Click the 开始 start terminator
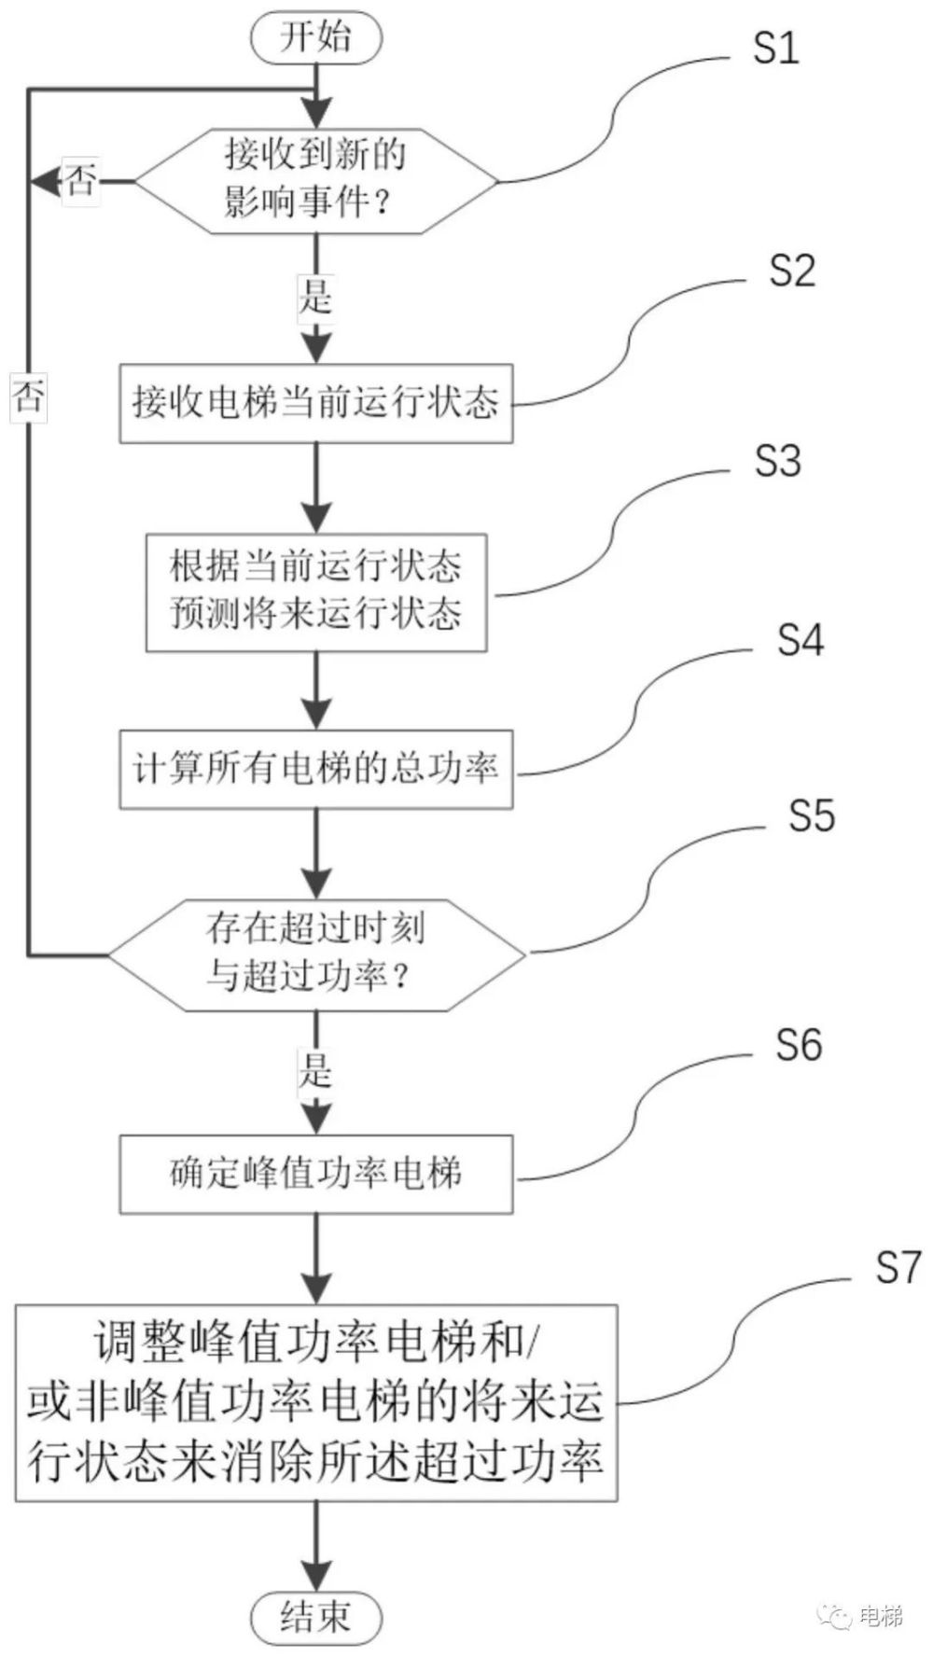coord(316,38)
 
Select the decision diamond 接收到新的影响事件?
coord(316,180)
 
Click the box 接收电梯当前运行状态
coord(316,403)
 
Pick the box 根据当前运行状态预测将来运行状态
coord(316,592)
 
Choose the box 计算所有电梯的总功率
coord(316,769)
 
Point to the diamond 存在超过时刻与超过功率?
coord(316,954)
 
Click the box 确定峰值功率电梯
coord(316,1174)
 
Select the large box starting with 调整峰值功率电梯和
coord(316,1402)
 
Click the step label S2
coord(791,271)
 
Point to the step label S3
coord(777,461)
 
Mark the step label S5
coord(811,815)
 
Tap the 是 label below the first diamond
coord(316,296)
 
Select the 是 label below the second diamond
coord(316,1070)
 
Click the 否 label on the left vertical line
coord(29,398)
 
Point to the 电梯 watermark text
coord(880,1615)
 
